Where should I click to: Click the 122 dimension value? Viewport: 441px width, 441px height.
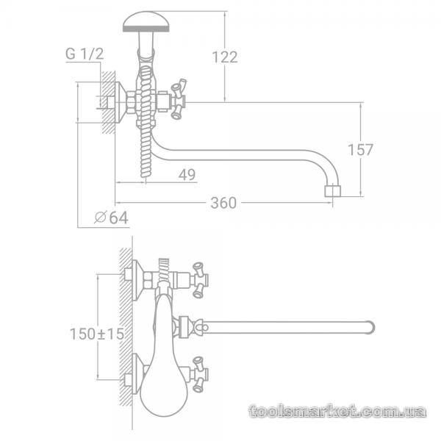[x=225, y=57]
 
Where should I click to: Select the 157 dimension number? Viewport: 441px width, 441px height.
[x=361, y=150]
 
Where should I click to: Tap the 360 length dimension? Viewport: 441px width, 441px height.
[x=223, y=203]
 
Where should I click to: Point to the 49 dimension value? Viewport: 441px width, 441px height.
[x=187, y=175]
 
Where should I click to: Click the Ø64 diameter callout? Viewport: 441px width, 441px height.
[x=112, y=218]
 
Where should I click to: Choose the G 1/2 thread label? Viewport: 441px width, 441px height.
[x=85, y=54]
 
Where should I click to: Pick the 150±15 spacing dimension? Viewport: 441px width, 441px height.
[x=97, y=334]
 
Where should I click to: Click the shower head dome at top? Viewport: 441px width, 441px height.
[x=146, y=21]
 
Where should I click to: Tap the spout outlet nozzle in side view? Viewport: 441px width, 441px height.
[x=332, y=191]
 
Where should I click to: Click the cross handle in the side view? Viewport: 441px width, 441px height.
[x=179, y=99]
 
